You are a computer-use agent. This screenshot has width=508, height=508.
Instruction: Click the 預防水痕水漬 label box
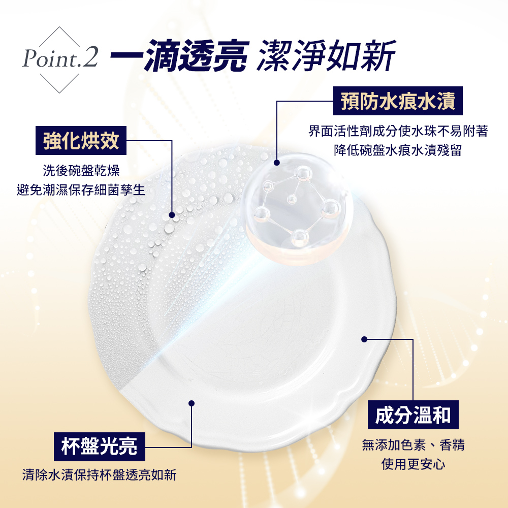coord(398,101)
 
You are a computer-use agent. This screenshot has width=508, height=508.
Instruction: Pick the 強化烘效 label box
coord(81,140)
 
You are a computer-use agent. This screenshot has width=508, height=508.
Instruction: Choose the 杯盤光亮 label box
coord(99,447)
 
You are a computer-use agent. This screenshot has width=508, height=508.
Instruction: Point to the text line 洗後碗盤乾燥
coord(81,170)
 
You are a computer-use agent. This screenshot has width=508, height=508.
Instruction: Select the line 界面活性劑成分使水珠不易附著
coord(398,132)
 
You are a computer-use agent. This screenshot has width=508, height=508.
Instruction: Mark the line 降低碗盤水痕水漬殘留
coord(398,151)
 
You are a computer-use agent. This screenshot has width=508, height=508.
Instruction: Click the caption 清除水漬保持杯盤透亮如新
coord(99,475)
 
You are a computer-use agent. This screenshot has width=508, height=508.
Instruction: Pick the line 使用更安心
coord(414,464)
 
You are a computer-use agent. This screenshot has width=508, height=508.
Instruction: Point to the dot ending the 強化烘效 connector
coord(172,214)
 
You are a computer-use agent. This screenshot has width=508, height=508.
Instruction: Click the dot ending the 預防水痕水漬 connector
coord(276,163)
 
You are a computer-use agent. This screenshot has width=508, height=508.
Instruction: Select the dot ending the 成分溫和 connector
coord(364,339)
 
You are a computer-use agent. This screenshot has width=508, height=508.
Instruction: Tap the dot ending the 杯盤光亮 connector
coord(192,403)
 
